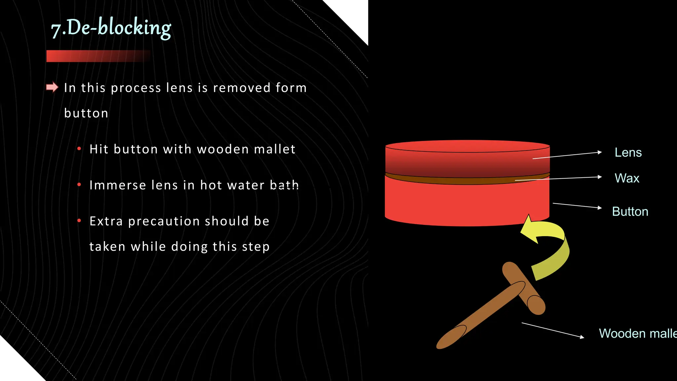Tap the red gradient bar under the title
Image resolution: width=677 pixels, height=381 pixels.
[98, 56]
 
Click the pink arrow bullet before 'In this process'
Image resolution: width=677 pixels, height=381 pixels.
[52, 87]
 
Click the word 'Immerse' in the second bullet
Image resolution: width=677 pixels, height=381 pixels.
[118, 185]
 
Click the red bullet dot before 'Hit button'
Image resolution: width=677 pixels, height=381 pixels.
[79, 149]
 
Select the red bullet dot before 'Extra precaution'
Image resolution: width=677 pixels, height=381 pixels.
[79, 221]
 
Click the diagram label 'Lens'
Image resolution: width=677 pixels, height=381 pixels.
[628, 152]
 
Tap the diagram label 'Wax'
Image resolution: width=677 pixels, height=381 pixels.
[627, 178]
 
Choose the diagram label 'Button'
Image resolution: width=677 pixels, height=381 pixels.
[630, 212]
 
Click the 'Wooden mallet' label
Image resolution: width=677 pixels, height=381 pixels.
[638, 333]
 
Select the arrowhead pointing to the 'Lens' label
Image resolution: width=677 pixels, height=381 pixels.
[599, 152]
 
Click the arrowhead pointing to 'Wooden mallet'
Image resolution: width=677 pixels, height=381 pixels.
[582, 337]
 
